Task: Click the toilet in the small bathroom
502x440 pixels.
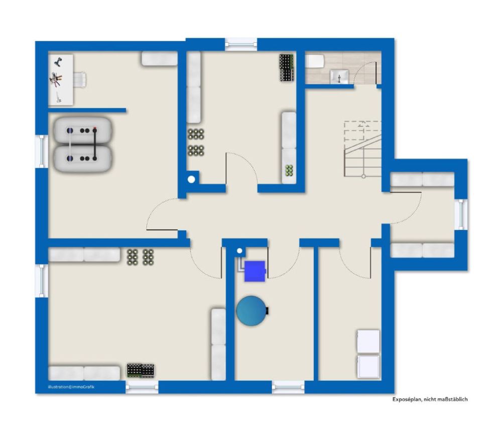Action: [315, 61]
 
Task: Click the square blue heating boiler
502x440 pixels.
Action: [255, 272]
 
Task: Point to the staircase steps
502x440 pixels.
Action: [363, 149]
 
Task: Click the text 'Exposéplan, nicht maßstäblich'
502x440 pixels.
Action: [430, 399]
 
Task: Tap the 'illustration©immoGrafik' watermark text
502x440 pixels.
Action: [71, 387]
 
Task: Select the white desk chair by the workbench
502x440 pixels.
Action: [80, 80]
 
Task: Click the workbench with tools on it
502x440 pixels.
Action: [61, 80]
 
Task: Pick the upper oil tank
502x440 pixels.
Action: [83, 130]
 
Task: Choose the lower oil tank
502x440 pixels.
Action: [83, 158]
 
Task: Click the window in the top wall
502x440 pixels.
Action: [241, 44]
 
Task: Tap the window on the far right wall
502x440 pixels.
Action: [461, 215]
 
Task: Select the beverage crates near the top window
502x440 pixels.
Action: [287, 67]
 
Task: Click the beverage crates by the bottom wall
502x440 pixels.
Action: [141, 371]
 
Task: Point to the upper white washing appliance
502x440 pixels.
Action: [368, 341]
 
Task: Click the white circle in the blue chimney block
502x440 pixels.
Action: [191, 180]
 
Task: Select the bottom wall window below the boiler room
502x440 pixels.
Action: [288, 387]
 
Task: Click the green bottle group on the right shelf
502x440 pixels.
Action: [289, 170]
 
